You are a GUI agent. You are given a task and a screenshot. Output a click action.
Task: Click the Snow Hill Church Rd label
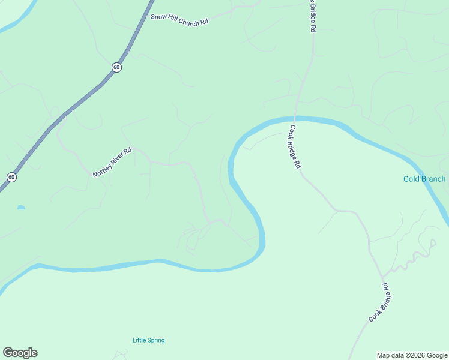tap(179, 20)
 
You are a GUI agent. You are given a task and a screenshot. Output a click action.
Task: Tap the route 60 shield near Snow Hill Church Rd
tap(116, 67)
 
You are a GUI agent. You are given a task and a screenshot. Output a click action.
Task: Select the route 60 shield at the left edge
tap(11, 177)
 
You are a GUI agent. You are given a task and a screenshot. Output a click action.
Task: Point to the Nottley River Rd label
tap(112, 163)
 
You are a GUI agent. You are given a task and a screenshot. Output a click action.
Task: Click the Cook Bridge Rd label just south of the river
tap(295, 146)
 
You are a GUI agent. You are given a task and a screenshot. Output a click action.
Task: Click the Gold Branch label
tap(424, 179)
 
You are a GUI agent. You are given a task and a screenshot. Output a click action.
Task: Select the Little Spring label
tap(148, 340)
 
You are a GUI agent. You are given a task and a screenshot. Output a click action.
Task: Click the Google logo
tap(20, 353)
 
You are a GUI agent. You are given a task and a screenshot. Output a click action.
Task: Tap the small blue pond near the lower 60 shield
tap(21, 208)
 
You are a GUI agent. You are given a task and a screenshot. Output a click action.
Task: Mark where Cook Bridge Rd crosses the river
tap(295, 119)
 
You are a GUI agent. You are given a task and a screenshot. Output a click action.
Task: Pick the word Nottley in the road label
tap(102, 169)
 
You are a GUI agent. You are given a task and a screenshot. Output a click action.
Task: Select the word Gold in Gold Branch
tap(411, 179)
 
